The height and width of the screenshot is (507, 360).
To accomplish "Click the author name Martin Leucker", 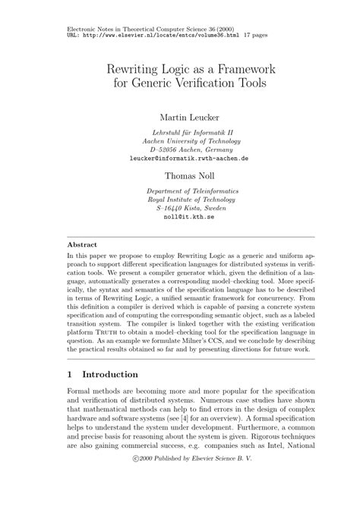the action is [180, 118].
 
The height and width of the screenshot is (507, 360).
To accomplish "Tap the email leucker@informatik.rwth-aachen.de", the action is [180, 159].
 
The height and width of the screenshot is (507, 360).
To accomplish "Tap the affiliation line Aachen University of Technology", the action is [180, 140].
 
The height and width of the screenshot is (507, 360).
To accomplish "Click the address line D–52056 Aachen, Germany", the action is [180, 150].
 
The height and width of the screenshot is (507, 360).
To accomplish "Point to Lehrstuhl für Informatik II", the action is [180, 131].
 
